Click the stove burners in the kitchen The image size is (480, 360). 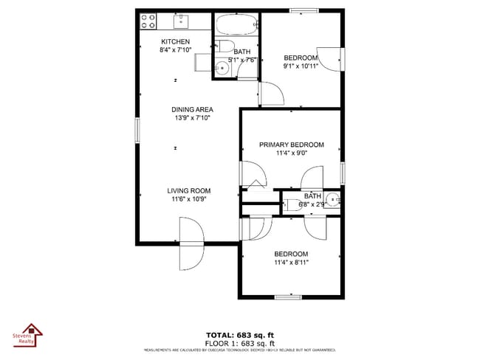[148, 21]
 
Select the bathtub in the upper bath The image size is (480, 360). [236, 27]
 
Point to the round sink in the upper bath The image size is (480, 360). [222, 69]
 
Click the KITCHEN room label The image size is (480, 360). [176, 42]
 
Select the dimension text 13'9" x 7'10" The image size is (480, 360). [192, 118]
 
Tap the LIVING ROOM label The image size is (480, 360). [189, 190]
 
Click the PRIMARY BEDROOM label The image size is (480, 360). [291, 145]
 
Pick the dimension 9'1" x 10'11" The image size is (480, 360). [301, 66]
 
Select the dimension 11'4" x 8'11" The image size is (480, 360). [291, 262]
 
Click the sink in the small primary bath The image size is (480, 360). [333, 199]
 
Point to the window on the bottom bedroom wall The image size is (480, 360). [287, 297]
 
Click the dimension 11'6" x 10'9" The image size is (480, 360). [189, 199]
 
